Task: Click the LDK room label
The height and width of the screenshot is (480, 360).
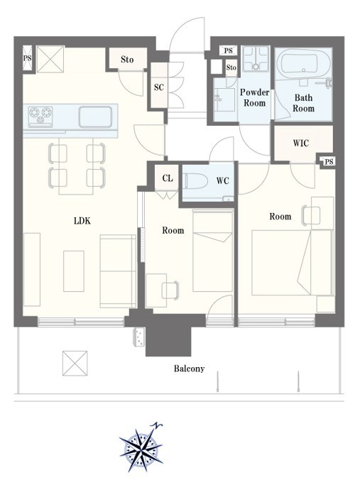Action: pyautogui.click(x=82, y=221)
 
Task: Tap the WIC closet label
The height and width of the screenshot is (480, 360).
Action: pyautogui.click(x=301, y=143)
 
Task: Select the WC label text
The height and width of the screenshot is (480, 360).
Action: pyautogui.click(x=222, y=180)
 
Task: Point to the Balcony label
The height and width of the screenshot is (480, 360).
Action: pyautogui.click(x=189, y=369)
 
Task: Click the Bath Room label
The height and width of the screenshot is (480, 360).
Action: pyautogui.click(x=303, y=103)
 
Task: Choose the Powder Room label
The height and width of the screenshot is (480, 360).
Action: pyautogui.click(x=254, y=97)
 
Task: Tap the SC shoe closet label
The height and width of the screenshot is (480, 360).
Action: pyautogui.click(x=159, y=87)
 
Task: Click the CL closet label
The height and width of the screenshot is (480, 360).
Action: pyautogui.click(x=168, y=178)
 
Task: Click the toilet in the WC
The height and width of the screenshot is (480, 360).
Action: pyautogui.click(x=195, y=181)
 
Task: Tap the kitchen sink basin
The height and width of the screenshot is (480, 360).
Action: pyautogui.click(x=95, y=116)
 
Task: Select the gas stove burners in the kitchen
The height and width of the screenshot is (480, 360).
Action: pyautogui.click(x=40, y=116)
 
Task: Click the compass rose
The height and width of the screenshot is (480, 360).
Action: pyautogui.click(x=141, y=449)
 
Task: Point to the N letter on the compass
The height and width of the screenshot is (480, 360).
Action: pyautogui.click(x=157, y=425)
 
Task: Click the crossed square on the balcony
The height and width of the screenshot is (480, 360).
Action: pyautogui.click(x=75, y=364)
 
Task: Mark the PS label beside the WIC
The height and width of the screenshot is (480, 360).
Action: pyautogui.click(x=329, y=161)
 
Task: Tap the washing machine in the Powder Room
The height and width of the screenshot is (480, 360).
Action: pyautogui.click(x=256, y=59)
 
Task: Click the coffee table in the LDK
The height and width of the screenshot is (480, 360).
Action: pyautogui.click(x=74, y=271)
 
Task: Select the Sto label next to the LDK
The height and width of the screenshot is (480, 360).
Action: pyautogui.click(x=127, y=59)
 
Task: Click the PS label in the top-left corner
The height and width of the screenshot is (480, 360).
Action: pyautogui.click(x=28, y=58)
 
